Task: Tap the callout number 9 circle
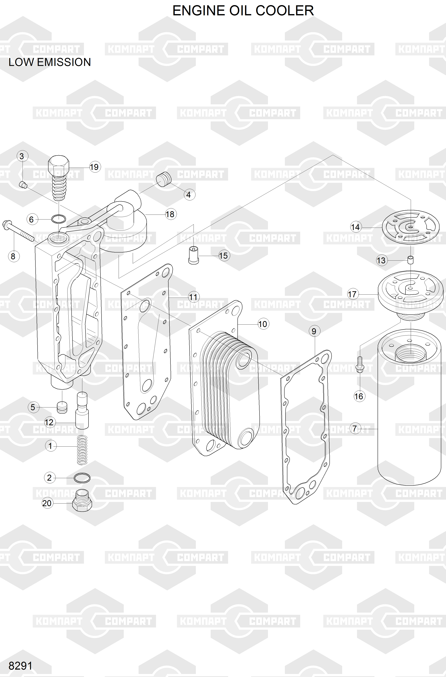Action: point(314,331)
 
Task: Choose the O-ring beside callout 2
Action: point(82,478)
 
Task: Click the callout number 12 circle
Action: point(49,422)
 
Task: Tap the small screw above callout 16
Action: point(359,365)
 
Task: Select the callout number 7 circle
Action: point(355,428)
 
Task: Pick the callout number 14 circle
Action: point(355,227)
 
